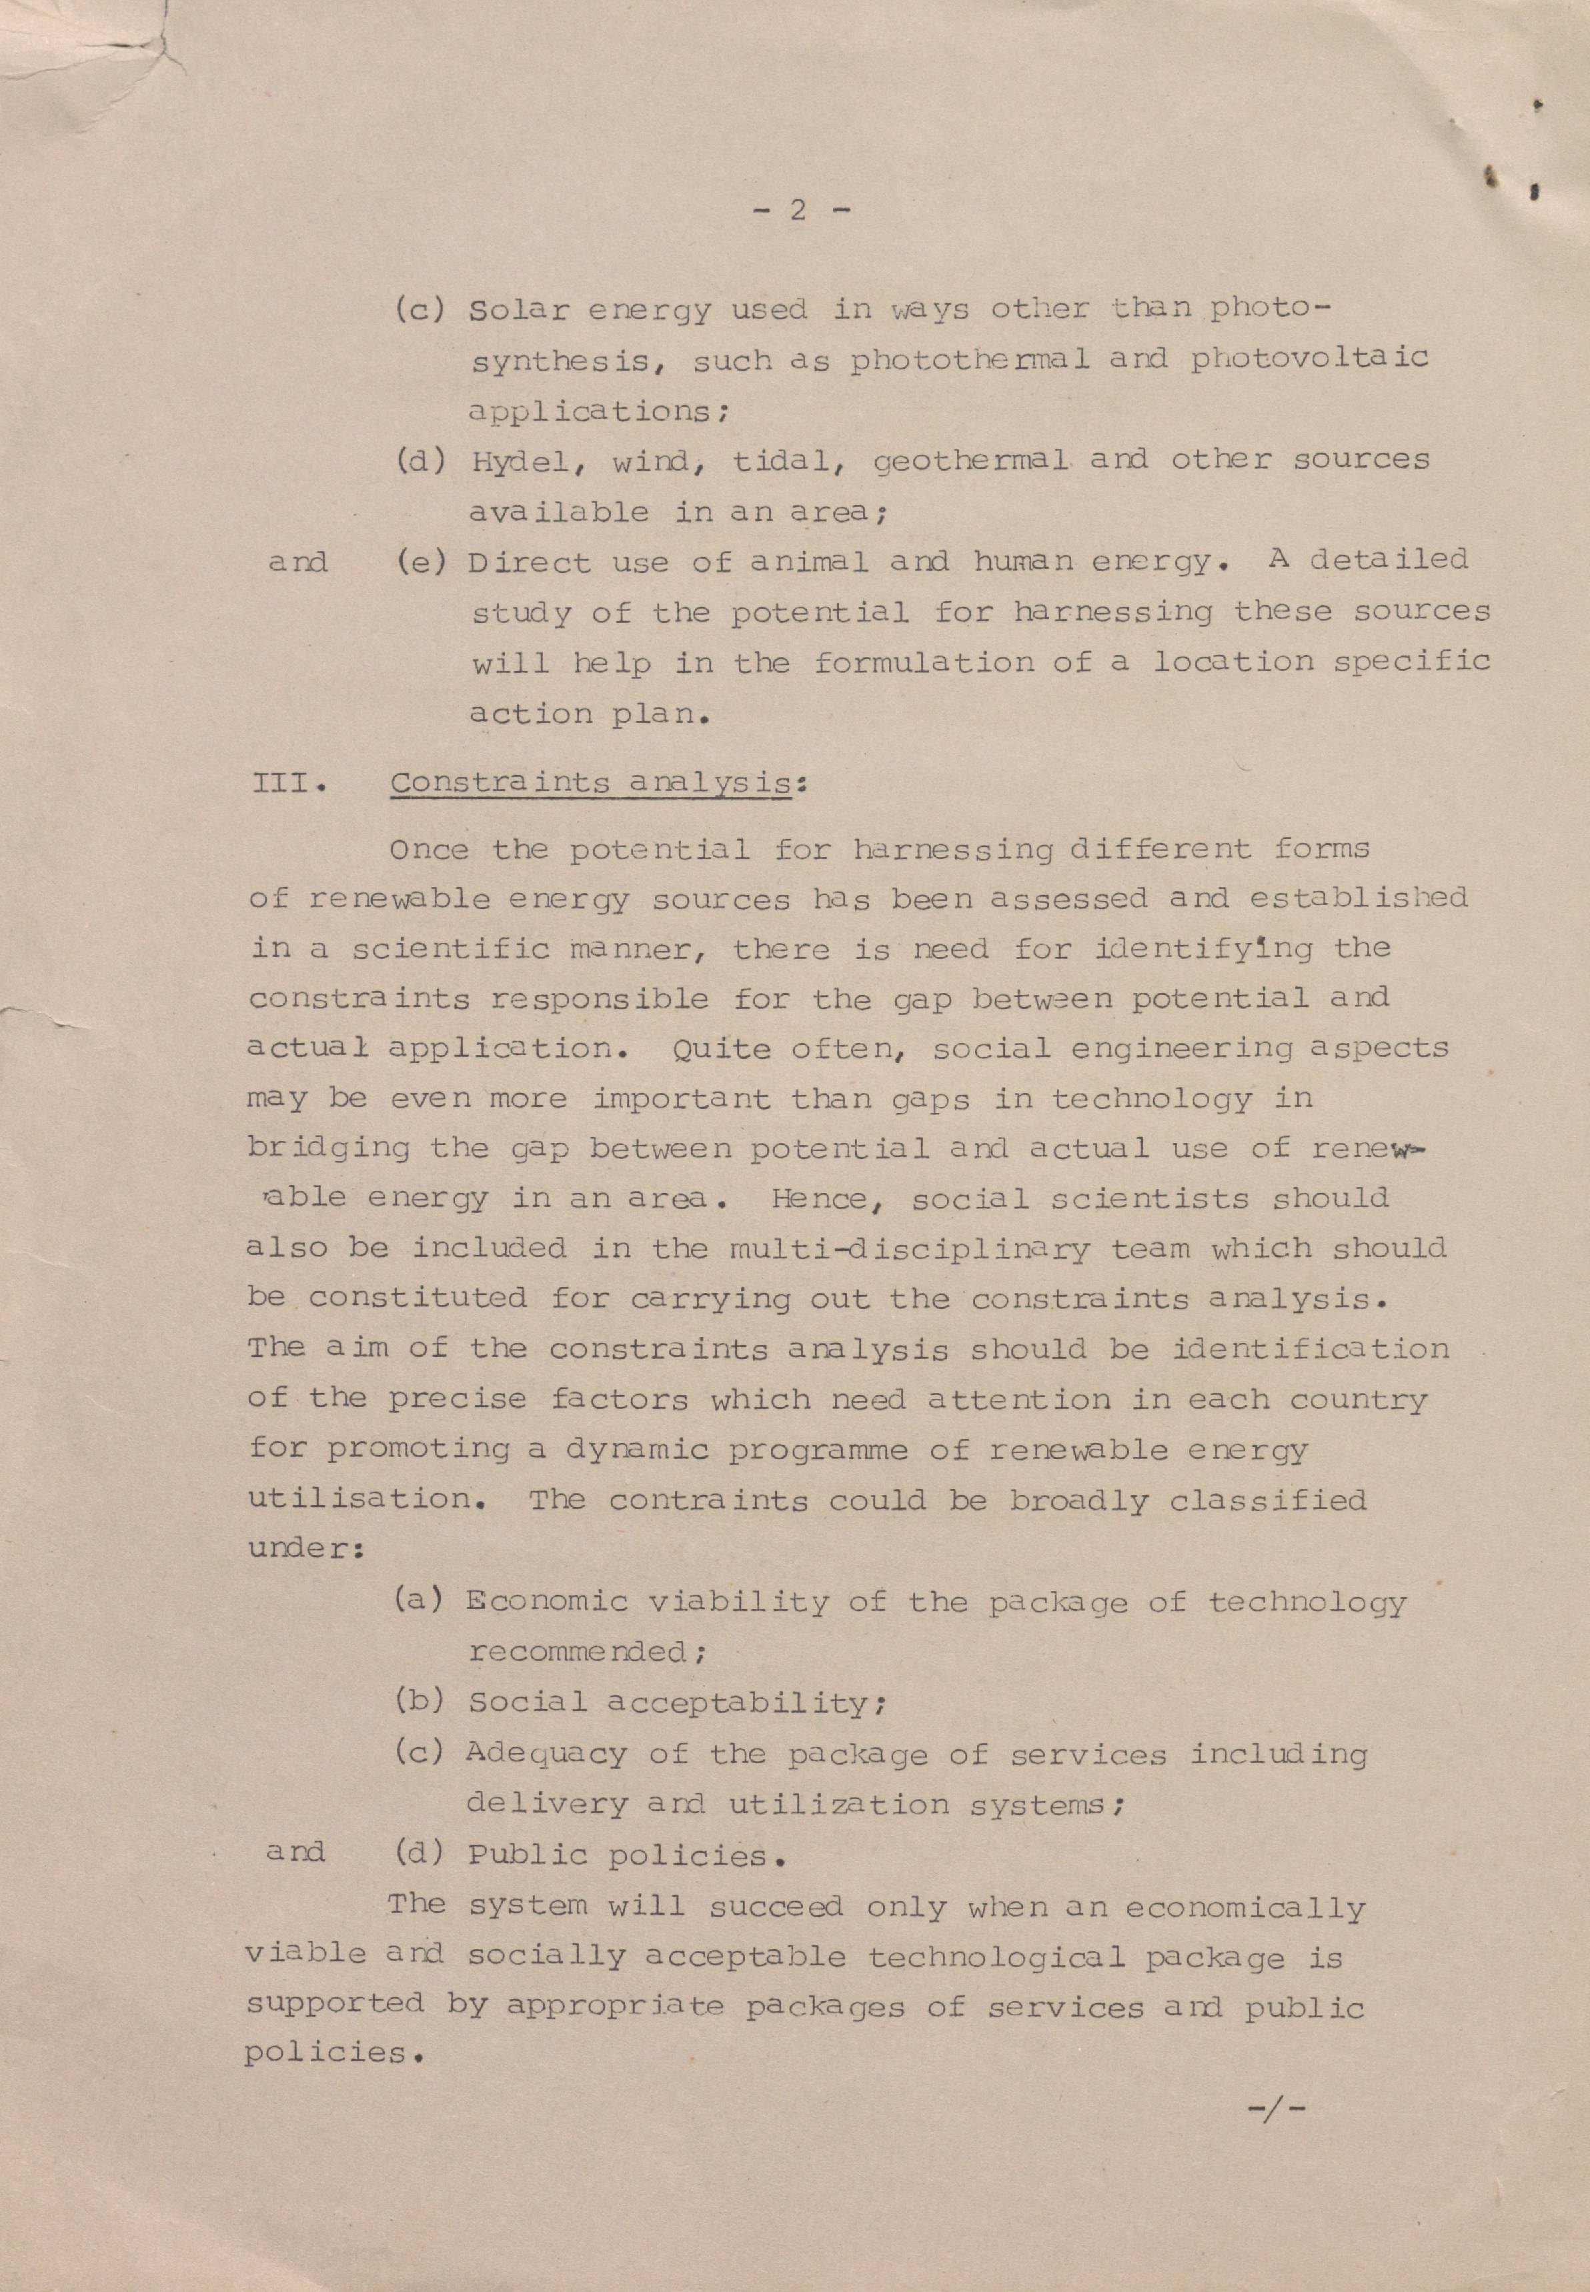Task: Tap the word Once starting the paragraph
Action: tap(428, 850)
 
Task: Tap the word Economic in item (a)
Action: tap(547, 1602)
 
